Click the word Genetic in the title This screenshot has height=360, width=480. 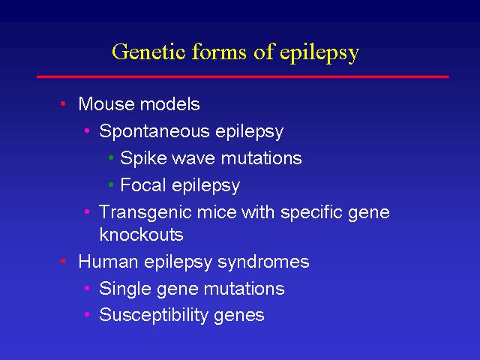tap(148, 51)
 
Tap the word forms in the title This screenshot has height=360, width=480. tap(219, 51)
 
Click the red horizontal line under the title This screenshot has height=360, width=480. tap(243, 76)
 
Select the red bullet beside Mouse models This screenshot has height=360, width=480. tap(63, 103)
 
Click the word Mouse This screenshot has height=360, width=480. tap(106, 103)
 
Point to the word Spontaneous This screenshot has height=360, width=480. tap(154, 132)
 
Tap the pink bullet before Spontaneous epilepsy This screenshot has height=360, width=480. tap(87, 130)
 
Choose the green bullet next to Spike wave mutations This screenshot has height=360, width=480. tap(111, 157)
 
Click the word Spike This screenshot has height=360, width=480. tap(142, 158)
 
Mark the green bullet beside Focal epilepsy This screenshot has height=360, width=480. tap(111, 184)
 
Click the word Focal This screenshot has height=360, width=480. tap(143, 185)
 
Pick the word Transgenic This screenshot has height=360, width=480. tap(145, 212)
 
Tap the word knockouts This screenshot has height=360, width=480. tap(142, 235)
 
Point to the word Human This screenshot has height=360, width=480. tap(108, 262)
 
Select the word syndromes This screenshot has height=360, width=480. tap(263, 262)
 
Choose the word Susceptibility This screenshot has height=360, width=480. tap(154, 316)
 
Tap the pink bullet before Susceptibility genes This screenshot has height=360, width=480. tap(87, 314)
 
